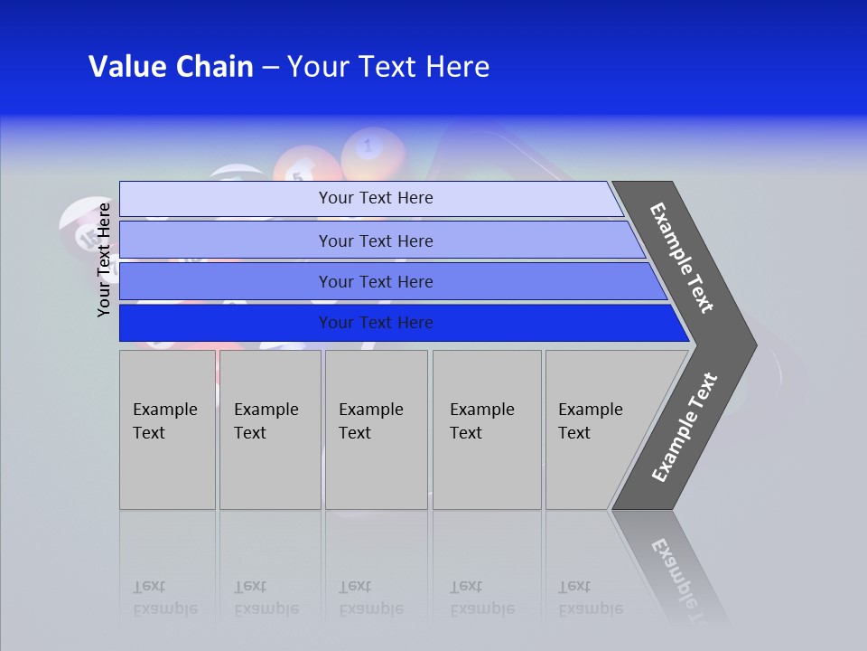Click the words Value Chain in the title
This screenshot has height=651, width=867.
click(171, 67)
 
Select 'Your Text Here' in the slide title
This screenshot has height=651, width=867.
click(388, 67)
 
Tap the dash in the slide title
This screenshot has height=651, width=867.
click(270, 68)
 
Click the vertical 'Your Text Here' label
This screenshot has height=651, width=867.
click(104, 259)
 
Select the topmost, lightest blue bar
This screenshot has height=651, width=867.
click(375, 198)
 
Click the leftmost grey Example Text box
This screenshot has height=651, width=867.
click(167, 429)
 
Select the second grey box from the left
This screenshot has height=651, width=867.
click(269, 429)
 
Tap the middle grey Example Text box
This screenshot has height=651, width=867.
click(376, 429)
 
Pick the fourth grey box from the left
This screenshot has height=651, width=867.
click(486, 429)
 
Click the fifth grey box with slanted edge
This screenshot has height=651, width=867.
click(596, 429)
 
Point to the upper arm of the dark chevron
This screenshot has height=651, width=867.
click(683, 258)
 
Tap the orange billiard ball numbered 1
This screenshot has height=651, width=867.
click(369, 150)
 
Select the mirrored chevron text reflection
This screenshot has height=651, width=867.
click(677, 574)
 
